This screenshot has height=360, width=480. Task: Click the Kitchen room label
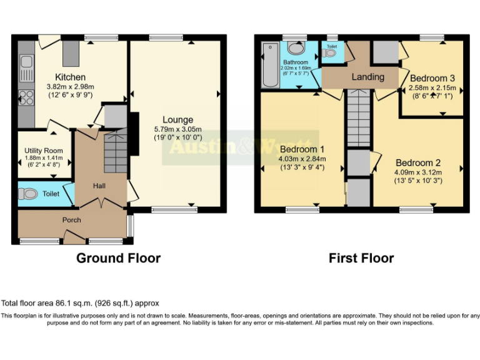(71, 77)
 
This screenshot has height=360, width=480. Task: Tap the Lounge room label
(177, 119)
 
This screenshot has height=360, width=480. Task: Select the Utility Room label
(44, 151)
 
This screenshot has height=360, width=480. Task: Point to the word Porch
(71, 220)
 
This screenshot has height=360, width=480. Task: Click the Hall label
(99, 186)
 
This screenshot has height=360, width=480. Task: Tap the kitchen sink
(26, 62)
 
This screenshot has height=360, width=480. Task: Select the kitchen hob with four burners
(26, 97)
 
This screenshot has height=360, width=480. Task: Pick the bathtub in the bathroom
(271, 65)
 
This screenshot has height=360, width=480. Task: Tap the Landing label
(368, 77)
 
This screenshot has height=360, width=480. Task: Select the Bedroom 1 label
(302, 149)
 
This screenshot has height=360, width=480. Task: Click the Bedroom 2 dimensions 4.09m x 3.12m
(418, 172)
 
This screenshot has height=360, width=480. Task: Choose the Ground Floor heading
(118, 257)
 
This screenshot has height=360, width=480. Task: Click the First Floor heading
(361, 257)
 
